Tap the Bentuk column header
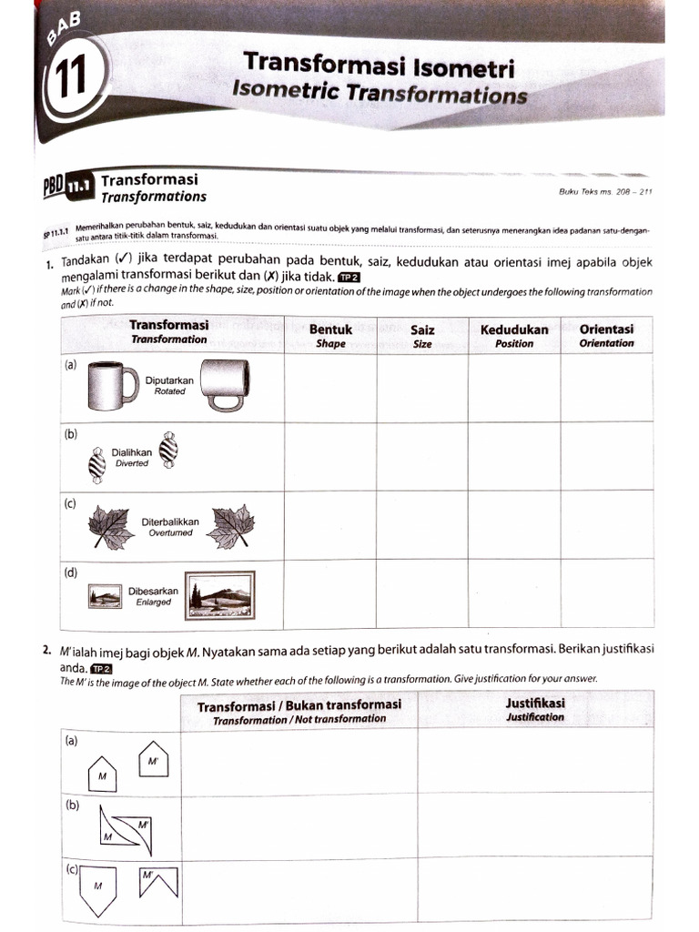pos(330,335)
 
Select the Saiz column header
pos(422,335)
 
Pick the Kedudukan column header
pos(514,335)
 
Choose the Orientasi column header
pos(606,335)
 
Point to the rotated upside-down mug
pos(222,386)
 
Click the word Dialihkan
pos(132,451)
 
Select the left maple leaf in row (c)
pos(111,527)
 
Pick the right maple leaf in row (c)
pos(231,526)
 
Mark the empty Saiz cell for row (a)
pos(422,388)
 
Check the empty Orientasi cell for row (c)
pos(606,524)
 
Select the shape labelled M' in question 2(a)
pos(153,757)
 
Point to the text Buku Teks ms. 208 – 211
pos(604,191)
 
